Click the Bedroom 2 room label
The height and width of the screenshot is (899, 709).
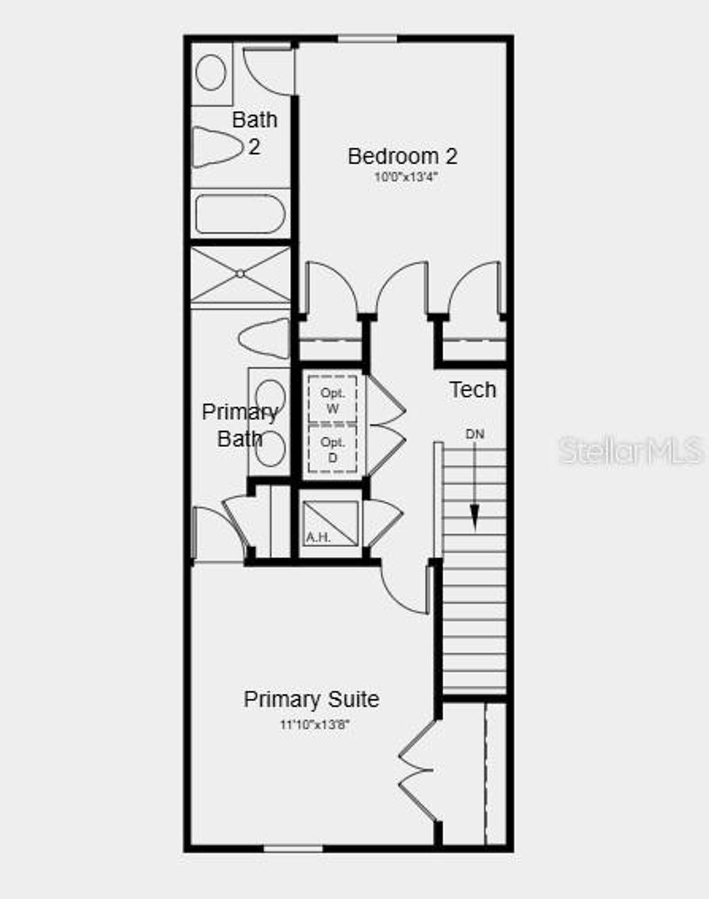click(402, 156)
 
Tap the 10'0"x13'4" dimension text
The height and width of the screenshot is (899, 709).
click(406, 177)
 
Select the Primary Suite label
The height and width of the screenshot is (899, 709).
click(311, 699)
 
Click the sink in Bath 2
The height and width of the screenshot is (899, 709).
click(210, 71)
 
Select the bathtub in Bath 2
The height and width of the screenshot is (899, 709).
click(240, 214)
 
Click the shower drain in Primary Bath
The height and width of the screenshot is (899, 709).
click(240, 274)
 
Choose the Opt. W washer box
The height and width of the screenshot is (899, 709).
click(333, 400)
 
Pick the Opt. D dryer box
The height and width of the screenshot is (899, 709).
click(333, 449)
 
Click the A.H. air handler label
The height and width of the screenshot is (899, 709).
click(318, 537)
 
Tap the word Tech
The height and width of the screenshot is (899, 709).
click(473, 390)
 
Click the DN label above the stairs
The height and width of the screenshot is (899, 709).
click(475, 434)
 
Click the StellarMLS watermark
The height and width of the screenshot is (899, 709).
click(631, 451)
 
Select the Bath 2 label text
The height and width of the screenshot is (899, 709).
click(254, 132)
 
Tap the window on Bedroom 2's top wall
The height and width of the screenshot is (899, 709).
click(367, 39)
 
